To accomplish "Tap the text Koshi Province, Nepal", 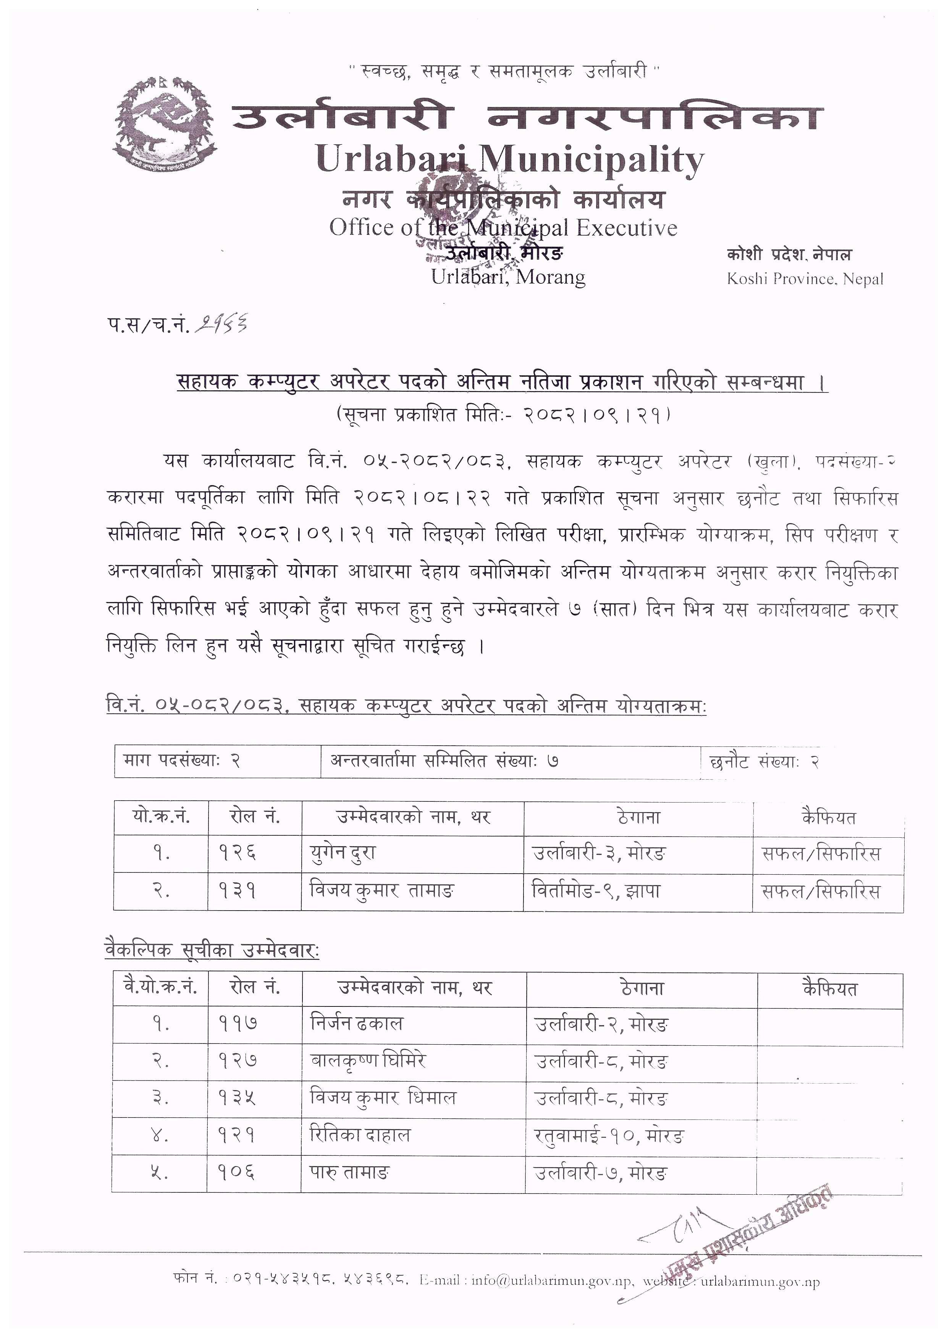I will (805, 279).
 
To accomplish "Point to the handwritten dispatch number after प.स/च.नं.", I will (222, 323).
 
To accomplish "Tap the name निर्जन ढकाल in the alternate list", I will (356, 1022).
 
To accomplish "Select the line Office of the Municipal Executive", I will (503, 228).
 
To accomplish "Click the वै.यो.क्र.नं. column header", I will (160, 987).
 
